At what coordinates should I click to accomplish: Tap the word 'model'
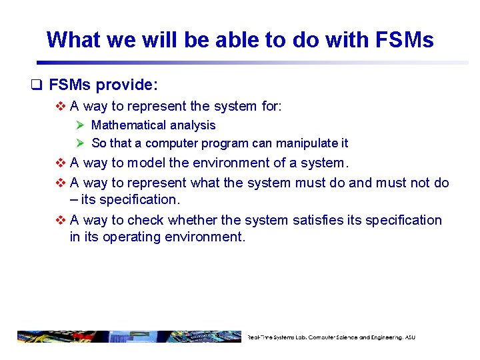pyautogui.click(x=146, y=162)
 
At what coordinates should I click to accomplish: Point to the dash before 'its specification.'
pyautogui.click(x=73, y=199)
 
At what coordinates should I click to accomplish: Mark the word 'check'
pyautogui.click(x=145, y=219)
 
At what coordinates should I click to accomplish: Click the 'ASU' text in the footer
pyautogui.click(x=408, y=337)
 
